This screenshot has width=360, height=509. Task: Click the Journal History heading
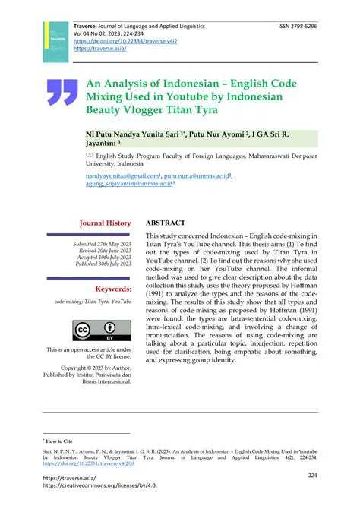pyautogui.click(x=106, y=223)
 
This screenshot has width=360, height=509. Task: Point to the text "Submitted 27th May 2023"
pyautogui.click(x=102, y=243)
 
